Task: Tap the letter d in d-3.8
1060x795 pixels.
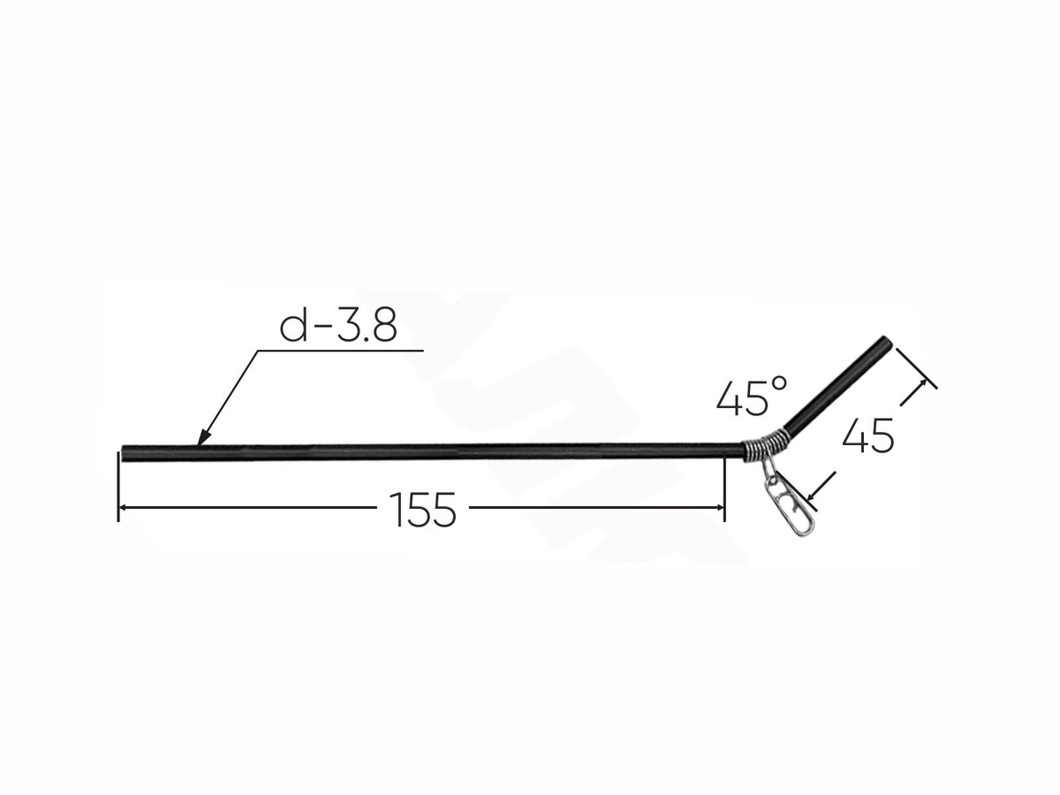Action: [x=293, y=325]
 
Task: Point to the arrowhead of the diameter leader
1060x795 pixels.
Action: [x=204, y=437]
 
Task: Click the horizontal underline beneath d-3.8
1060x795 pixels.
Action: [x=340, y=350]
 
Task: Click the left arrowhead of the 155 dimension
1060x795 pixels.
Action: [x=124, y=507]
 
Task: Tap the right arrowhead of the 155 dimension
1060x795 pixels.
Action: [x=719, y=507]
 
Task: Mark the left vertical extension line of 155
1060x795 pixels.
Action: [x=118, y=487]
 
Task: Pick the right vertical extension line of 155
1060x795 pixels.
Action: [x=724, y=488]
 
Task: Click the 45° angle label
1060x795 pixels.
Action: [x=752, y=396]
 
